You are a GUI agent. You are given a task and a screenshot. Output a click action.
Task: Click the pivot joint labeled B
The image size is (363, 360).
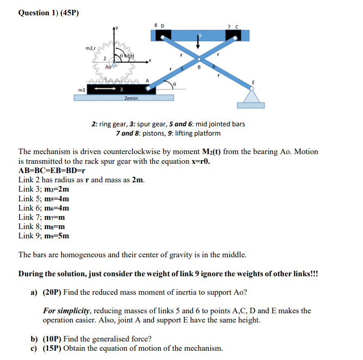pyautogui.click(x=200, y=59)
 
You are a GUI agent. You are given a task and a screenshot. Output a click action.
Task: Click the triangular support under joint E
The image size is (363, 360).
pyautogui.click(x=251, y=96)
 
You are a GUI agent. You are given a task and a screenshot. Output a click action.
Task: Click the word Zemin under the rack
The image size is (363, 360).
pyautogui.click(x=131, y=99)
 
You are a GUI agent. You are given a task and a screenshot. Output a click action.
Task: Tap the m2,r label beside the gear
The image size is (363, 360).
pyautogui.click(x=91, y=48)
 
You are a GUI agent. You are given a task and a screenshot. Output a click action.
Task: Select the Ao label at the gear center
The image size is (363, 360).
pyautogui.click(x=108, y=67)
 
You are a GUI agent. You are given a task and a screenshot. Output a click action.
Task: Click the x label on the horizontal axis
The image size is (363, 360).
pyautogui.click(x=149, y=60)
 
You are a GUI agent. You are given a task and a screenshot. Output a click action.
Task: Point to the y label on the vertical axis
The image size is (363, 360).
pyautogui.click(x=117, y=27)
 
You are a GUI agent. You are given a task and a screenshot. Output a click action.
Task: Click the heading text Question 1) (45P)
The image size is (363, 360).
pyautogui.click(x=49, y=12)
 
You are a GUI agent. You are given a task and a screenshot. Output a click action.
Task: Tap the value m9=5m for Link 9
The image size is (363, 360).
pyautogui.click(x=59, y=236)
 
